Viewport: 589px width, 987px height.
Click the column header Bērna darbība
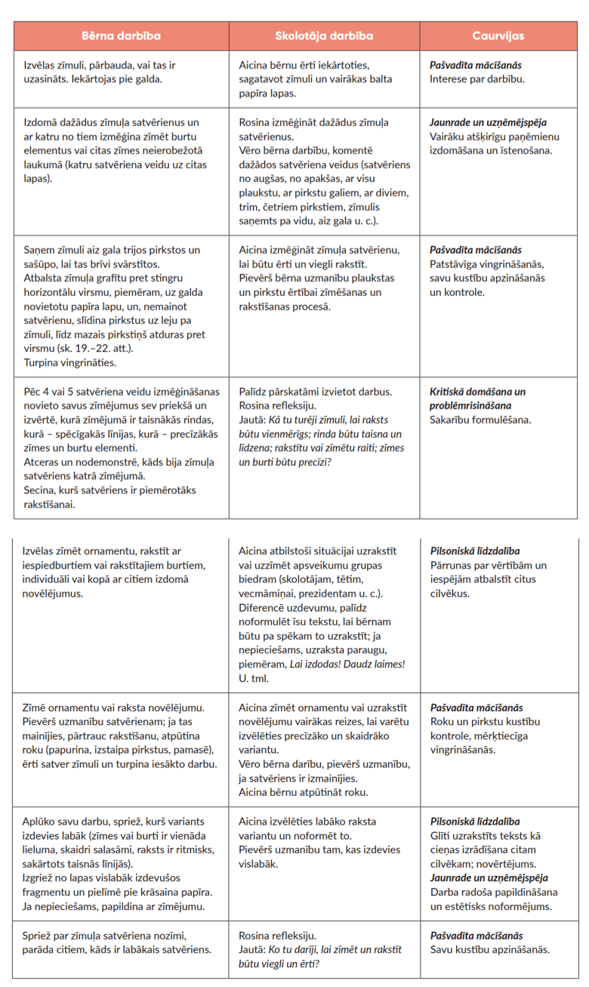click(121, 36)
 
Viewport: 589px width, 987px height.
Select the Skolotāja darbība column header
click(324, 36)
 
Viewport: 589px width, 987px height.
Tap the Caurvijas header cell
click(498, 36)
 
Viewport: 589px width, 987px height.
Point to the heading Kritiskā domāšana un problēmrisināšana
click(477, 398)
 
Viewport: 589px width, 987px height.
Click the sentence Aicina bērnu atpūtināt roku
click(303, 792)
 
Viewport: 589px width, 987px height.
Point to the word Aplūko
click(42, 822)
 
